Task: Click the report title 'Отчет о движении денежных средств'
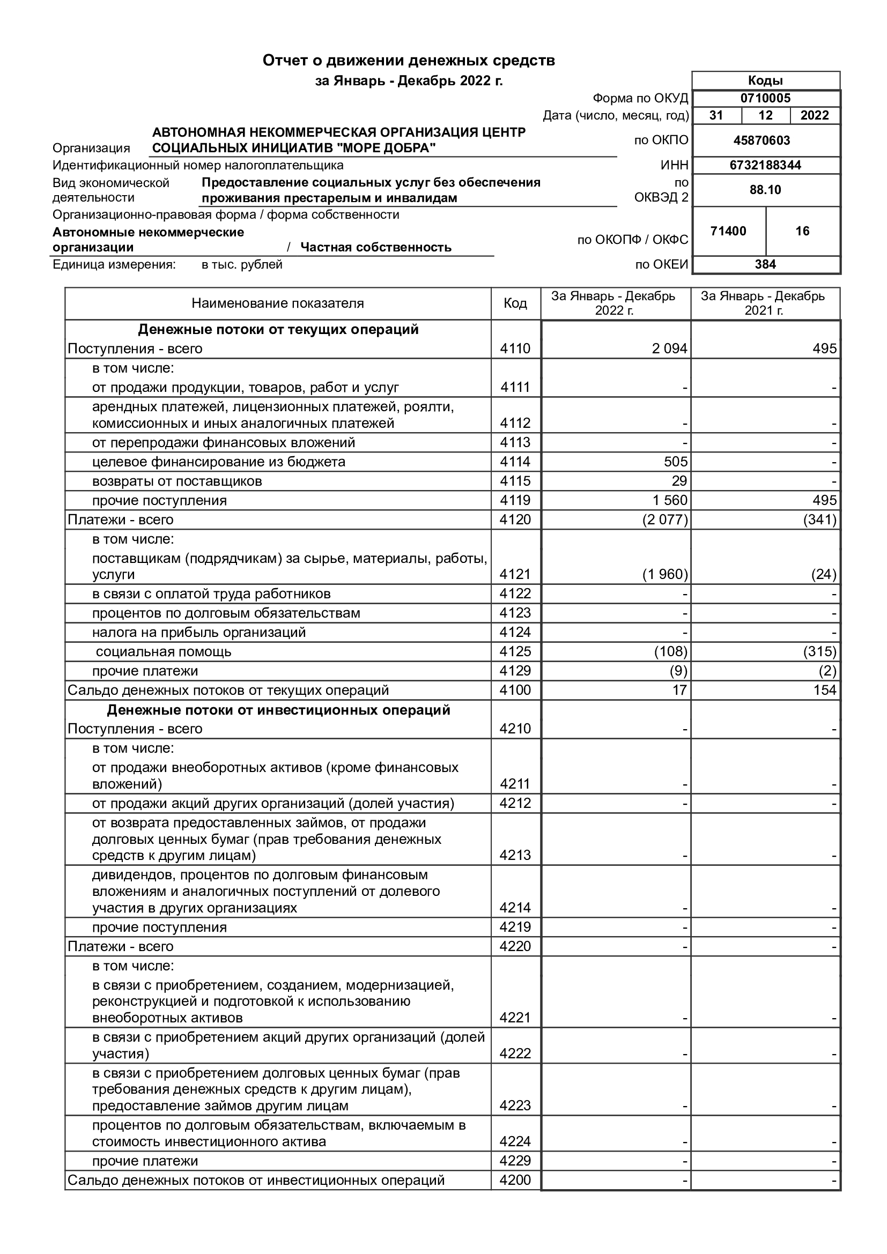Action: pyautogui.click(x=409, y=61)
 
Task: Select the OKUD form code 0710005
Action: pyautogui.click(x=765, y=98)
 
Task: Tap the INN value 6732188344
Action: pyautogui.click(x=765, y=165)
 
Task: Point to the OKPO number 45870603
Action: pyautogui.click(x=762, y=140)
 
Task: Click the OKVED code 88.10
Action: pyautogui.click(x=765, y=190)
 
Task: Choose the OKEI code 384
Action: pyautogui.click(x=765, y=264)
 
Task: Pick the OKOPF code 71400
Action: pyautogui.click(x=728, y=231)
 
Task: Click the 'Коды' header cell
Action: pyautogui.click(x=765, y=81)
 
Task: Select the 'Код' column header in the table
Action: pyautogui.click(x=515, y=303)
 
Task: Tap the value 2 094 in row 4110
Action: pyautogui.click(x=669, y=349)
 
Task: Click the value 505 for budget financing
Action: pyautogui.click(x=676, y=462)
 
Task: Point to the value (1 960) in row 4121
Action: pyautogui.click(x=664, y=575)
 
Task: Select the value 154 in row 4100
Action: pyautogui.click(x=824, y=691)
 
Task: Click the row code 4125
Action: pyautogui.click(x=515, y=651)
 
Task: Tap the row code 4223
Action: pyautogui.click(x=515, y=1106)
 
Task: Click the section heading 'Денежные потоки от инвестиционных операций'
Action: pyautogui.click(x=278, y=710)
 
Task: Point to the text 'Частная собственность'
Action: pyautogui.click(x=376, y=247)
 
